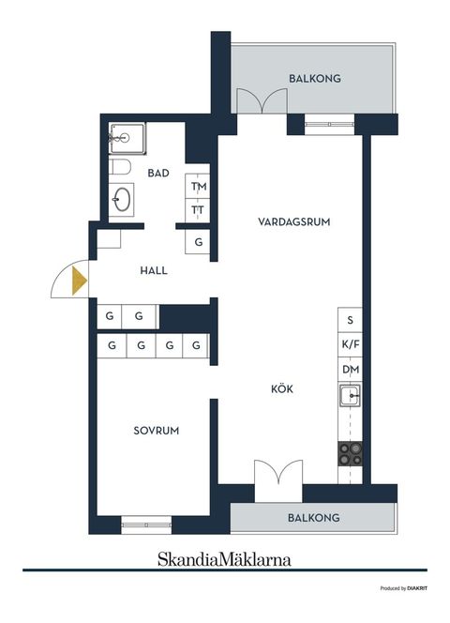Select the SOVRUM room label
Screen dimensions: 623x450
(156, 431)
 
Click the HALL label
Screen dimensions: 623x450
(154, 270)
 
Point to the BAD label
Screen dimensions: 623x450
(158, 173)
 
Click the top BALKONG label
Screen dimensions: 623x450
(314, 80)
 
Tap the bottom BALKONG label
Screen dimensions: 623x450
(314, 518)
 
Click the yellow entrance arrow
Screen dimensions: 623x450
(79, 281)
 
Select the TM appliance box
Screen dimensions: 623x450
(198, 187)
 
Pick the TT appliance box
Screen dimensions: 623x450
(198, 209)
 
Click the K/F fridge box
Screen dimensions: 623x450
(351, 345)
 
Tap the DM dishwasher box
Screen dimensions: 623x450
(351, 371)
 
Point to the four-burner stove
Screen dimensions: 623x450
(351, 455)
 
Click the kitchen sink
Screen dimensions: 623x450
(351, 398)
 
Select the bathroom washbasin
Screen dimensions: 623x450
(122, 200)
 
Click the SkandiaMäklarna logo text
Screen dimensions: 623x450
(223, 559)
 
